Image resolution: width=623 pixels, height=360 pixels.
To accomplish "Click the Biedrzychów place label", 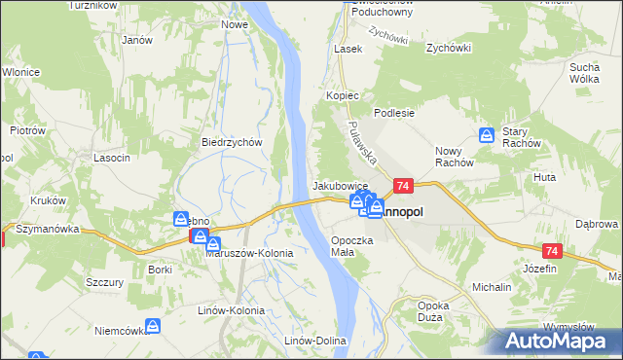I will [233, 141].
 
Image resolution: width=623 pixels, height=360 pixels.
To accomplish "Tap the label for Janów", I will [137, 40].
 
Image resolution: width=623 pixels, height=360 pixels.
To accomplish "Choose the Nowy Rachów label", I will [454, 156].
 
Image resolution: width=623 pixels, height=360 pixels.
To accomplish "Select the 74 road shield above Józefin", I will [551, 250].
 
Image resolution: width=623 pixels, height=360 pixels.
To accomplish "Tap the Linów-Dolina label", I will [315, 341].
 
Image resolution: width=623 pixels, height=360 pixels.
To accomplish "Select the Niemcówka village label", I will [120, 331].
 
